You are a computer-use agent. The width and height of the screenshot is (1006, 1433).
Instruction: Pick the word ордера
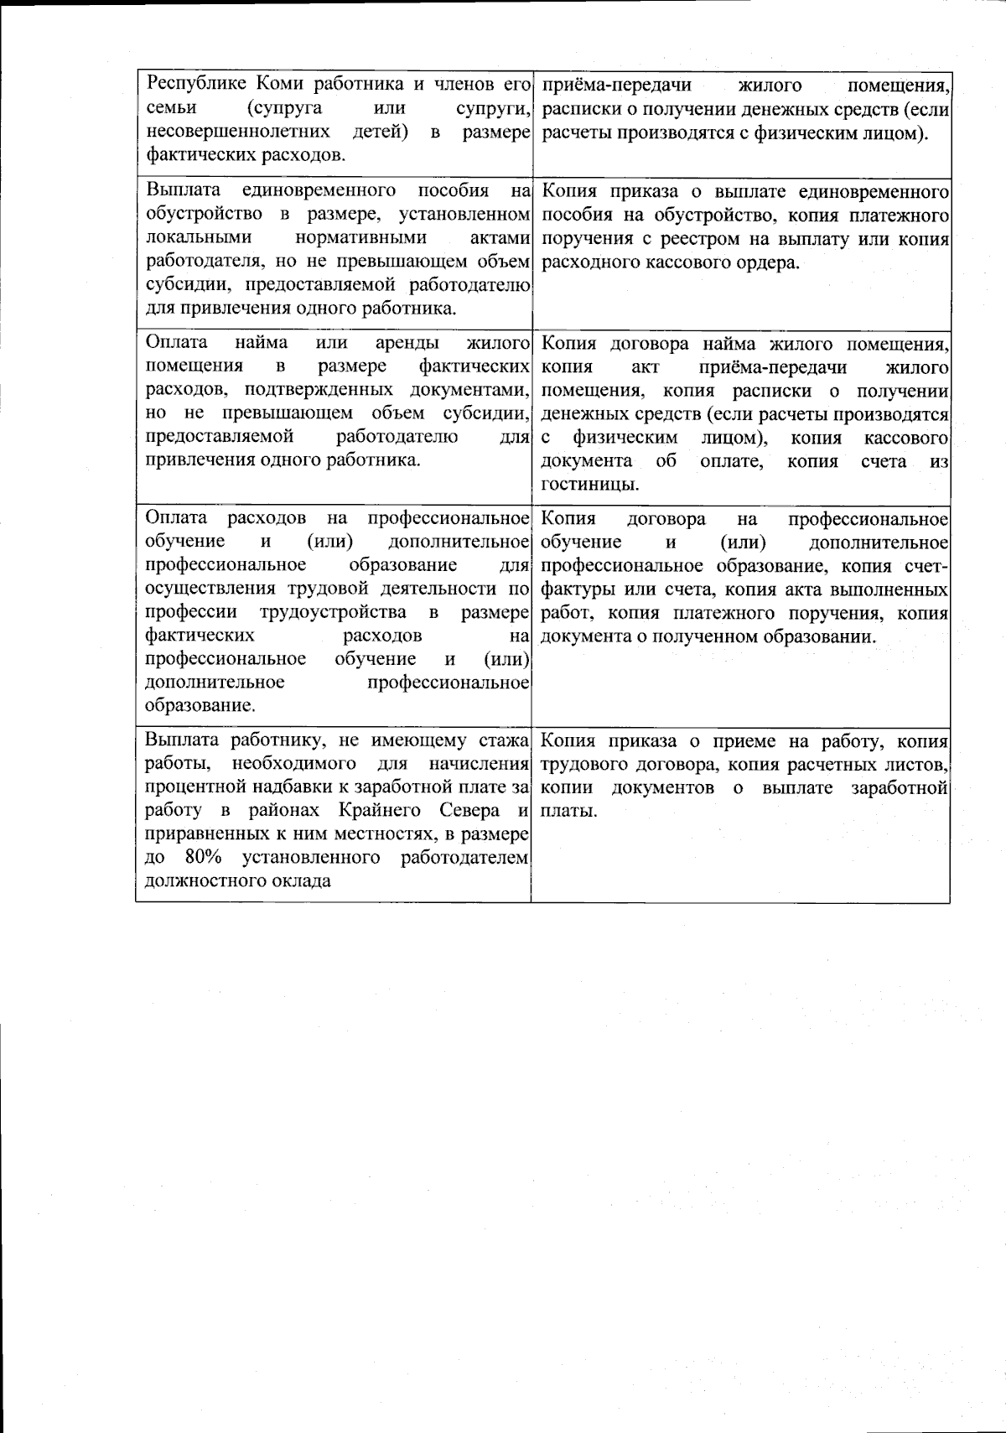(x=770, y=262)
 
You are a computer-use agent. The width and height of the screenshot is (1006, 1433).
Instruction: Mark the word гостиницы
(x=590, y=484)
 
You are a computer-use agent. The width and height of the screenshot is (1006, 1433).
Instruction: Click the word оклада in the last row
(x=302, y=881)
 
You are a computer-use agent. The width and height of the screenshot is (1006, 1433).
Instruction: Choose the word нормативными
(x=360, y=238)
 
